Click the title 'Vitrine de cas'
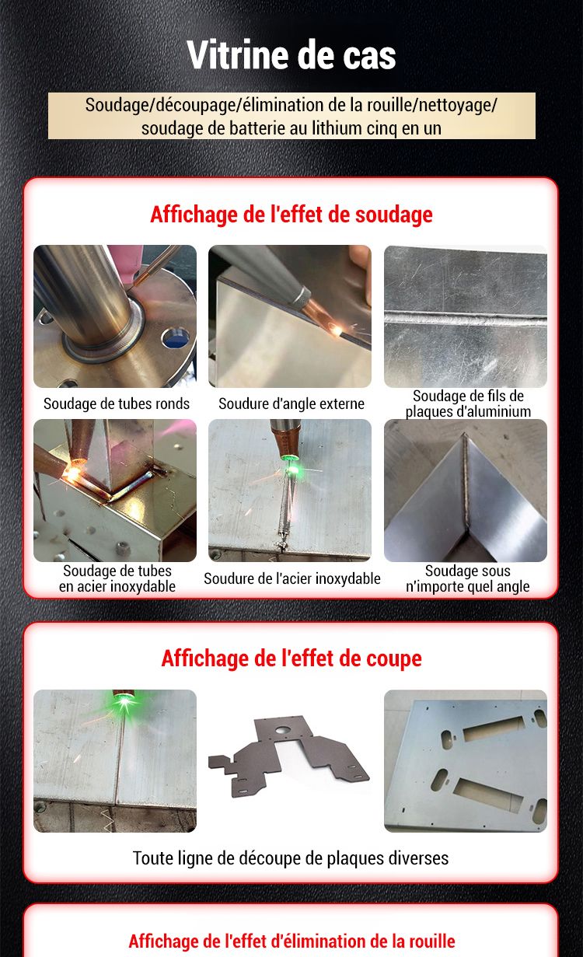[x=291, y=55]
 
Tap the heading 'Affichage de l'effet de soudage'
[x=291, y=215]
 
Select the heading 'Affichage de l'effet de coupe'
[x=291, y=658]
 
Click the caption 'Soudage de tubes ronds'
[x=116, y=403]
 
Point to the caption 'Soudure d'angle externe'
[x=291, y=403]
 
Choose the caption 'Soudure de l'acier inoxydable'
[x=292, y=578]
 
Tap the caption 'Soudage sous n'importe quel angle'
[x=468, y=578]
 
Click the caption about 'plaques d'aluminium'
[x=468, y=403]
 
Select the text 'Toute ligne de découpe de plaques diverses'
[x=291, y=858]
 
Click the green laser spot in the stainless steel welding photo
[x=291, y=470]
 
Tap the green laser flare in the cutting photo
[x=124, y=701]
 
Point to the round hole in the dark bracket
[x=281, y=730]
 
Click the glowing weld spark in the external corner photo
[x=337, y=330]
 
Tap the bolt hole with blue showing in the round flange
[x=175, y=337]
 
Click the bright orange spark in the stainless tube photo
[x=72, y=473]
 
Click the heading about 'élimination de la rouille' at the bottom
[x=291, y=941]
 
